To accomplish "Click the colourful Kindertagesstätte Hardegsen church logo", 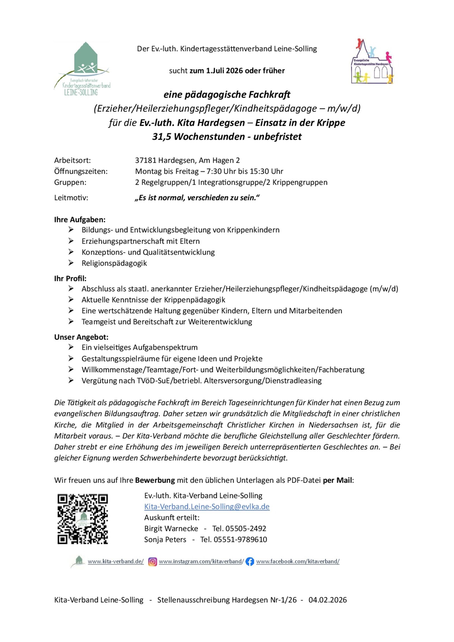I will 372,62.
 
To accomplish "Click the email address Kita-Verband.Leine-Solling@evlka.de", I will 207,506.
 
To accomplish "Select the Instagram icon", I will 152,561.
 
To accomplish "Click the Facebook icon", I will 250,561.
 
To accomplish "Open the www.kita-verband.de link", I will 116,561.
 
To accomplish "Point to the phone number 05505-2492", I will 246,528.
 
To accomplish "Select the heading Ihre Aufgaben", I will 80,220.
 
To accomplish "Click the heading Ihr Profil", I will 70,279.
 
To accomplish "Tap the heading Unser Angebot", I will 81,337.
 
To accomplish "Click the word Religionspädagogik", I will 114,263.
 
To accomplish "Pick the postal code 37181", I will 145,160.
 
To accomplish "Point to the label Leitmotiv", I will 71,198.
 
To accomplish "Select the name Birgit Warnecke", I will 171,528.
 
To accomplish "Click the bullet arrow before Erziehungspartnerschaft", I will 71,241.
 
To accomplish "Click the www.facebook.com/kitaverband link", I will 298,561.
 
